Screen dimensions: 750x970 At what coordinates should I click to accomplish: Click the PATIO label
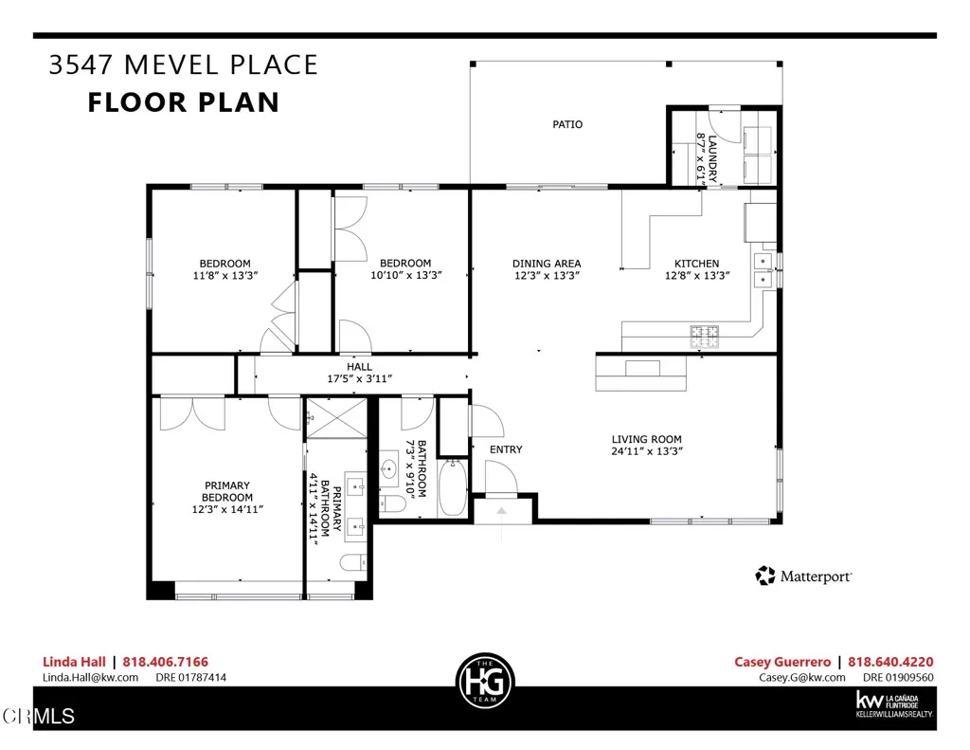567,124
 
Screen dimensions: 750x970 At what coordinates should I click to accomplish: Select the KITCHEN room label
696,264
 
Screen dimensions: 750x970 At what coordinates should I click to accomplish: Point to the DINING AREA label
546,264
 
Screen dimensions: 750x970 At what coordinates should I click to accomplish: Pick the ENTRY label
505,449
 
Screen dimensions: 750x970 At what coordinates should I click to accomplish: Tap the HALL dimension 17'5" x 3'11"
359,378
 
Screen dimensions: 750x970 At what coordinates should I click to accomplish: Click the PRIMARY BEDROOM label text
226,491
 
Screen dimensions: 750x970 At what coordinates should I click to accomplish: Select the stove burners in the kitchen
704,333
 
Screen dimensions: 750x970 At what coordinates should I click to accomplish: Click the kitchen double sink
764,269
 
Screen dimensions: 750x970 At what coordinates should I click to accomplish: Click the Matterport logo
803,576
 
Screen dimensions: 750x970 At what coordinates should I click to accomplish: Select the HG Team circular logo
484,680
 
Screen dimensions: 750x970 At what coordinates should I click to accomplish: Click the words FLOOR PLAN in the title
184,101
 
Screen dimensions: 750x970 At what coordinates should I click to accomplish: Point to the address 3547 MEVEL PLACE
183,65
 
